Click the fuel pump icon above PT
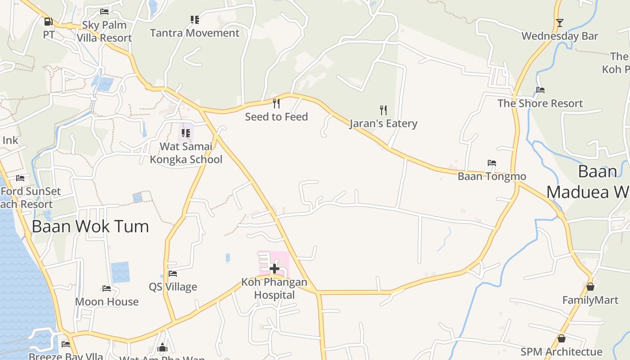click(x=48, y=21)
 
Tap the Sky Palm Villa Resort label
click(x=104, y=31)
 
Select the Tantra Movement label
click(x=194, y=33)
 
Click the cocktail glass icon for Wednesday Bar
click(x=559, y=23)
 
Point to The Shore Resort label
click(x=540, y=103)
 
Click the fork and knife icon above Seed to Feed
click(x=276, y=103)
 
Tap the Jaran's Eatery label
click(x=383, y=123)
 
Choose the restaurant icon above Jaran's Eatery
click(x=383, y=110)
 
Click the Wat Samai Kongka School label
click(x=186, y=153)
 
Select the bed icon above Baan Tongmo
click(x=492, y=163)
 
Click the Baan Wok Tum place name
click(x=90, y=226)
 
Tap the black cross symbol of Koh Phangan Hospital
click(x=274, y=269)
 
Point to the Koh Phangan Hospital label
click(x=274, y=288)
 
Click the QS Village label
click(x=173, y=287)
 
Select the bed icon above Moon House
click(x=107, y=288)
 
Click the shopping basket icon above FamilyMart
click(x=590, y=287)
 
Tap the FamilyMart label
click(x=590, y=300)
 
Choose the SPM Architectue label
click(x=561, y=352)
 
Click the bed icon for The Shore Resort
click(x=540, y=90)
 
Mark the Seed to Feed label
click(x=276, y=117)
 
